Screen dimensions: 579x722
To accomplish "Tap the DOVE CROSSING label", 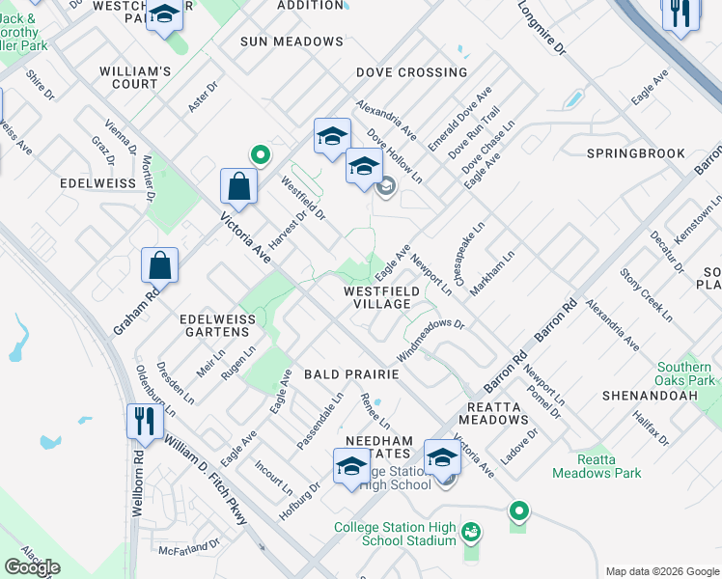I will coord(411,72).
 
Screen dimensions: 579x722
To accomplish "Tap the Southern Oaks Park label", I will coord(686,373).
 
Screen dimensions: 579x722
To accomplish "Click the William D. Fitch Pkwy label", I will coord(205,480).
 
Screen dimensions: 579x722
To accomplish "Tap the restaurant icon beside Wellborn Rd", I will coord(141,421).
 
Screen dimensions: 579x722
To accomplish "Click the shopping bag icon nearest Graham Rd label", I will coord(159,265).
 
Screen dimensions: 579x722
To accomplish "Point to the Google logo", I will coord(32,567).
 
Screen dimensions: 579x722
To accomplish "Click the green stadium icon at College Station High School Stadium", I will coord(470,532).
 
